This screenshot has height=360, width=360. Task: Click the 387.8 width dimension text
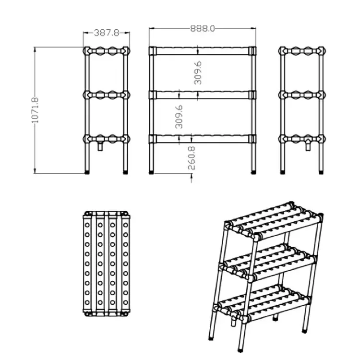pyautogui.click(x=107, y=33)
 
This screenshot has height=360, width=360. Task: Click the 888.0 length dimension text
pyautogui.click(x=203, y=28)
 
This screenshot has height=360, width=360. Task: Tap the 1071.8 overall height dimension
pyautogui.click(x=35, y=110)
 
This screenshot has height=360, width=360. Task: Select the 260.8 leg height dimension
pyautogui.click(x=192, y=158)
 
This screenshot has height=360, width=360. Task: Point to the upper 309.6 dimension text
pyautogui.click(x=198, y=73)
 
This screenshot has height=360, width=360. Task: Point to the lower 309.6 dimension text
pyautogui.click(x=179, y=117)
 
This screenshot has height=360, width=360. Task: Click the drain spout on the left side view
pyautogui.click(x=100, y=146)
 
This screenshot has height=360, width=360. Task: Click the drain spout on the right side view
pyautogui.click(x=308, y=146)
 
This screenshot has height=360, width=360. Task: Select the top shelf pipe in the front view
pyautogui.click(x=203, y=51)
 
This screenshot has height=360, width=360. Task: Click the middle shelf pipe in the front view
pyautogui.click(x=203, y=95)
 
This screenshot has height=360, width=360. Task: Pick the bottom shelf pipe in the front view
pyautogui.click(x=203, y=139)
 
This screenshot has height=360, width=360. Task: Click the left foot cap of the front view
pyautogui.click(x=151, y=172)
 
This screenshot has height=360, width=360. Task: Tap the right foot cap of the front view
pyautogui.click(x=253, y=172)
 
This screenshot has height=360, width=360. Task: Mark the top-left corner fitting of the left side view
pyautogui.click(x=87, y=51)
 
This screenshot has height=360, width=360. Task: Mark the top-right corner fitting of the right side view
pyautogui.click(x=321, y=51)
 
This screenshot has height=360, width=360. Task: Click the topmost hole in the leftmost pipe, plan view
pyautogui.click(x=87, y=225)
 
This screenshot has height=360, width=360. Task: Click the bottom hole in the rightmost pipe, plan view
pyautogui.click(x=125, y=302)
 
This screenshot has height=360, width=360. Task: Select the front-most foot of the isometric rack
pyautogui.click(x=240, y=350)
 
